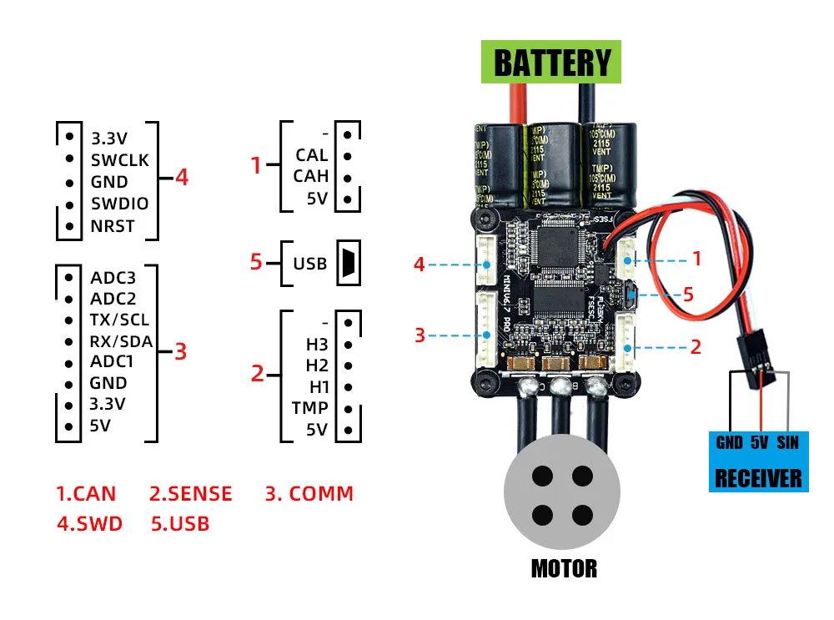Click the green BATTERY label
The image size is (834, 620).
pyautogui.click(x=551, y=63)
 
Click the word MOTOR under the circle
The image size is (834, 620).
pyautogui.click(x=564, y=569)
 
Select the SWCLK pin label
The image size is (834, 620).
pyautogui.click(x=119, y=159)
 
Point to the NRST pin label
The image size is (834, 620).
pyautogui.click(x=113, y=226)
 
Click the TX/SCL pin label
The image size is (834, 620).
pyautogui.click(x=119, y=320)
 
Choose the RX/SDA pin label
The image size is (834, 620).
pyautogui.click(x=121, y=340)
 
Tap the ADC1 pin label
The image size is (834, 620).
pyautogui.click(x=112, y=361)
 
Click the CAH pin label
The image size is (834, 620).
pyautogui.click(x=311, y=176)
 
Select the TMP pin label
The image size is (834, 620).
pyautogui.click(x=309, y=408)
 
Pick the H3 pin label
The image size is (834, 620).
pyautogui.click(x=318, y=345)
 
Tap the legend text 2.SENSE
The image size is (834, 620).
pyautogui.click(x=190, y=493)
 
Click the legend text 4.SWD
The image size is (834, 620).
pyautogui.click(x=89, y=524)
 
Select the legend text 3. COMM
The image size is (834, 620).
pyautogui.click(x=309, y=493)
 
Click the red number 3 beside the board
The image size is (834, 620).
pyautogui.click(x=420, y=335)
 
